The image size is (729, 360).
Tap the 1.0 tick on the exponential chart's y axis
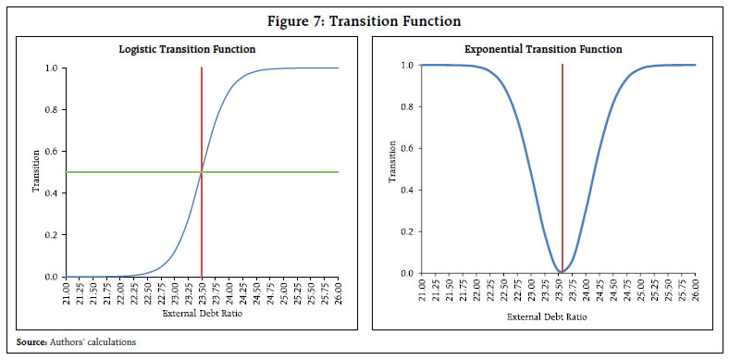[x=406, y=65]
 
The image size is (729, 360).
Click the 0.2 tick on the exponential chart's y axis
[x=406, y=231]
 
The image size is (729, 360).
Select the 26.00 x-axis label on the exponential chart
[x=695, y=292]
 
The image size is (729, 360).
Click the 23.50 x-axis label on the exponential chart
[x=562, y=292]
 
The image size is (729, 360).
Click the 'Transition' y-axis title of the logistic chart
[x=37, y=173]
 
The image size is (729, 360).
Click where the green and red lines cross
[x=201, y=172]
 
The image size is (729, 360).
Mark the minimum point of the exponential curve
[x=562, y=272]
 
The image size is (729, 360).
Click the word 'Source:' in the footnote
[x=31, y=342]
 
